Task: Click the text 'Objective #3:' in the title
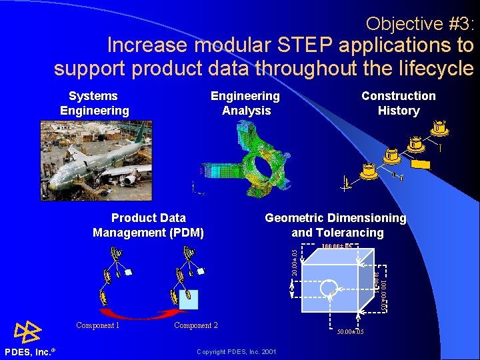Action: coord(420,24)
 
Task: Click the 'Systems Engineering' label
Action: coord(94,103)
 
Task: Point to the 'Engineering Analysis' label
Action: coord(245,103)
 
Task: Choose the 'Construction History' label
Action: coord(398,103)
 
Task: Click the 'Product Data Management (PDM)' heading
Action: coord(148,225)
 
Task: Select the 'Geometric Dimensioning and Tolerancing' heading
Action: coord(335,225)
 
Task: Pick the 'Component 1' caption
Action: coord(97,325)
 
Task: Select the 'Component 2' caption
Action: coord(196,325)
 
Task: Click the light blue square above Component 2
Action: coord(189,299)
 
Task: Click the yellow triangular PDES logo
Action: coord(27,331)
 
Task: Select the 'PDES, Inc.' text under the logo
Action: coord(29,351)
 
